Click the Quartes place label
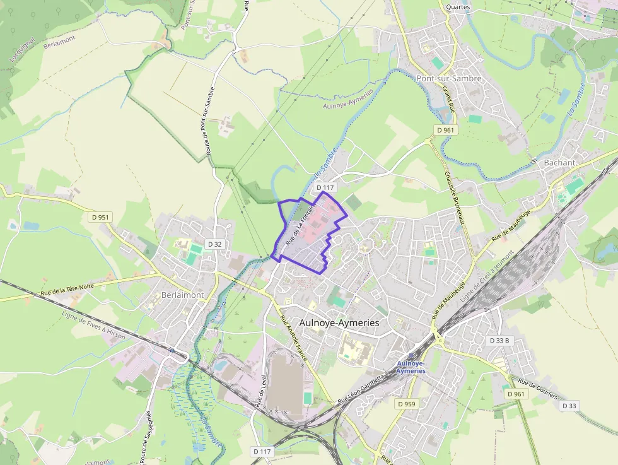[x=458, y=7]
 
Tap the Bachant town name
[x=559, y=162]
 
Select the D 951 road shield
[x=100, y=217]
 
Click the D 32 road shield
[x=214, y=244]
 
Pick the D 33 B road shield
[x=499, y=340]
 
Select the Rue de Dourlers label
[x=537, y=387]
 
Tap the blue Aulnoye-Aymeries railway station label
[x=411, y=367]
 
